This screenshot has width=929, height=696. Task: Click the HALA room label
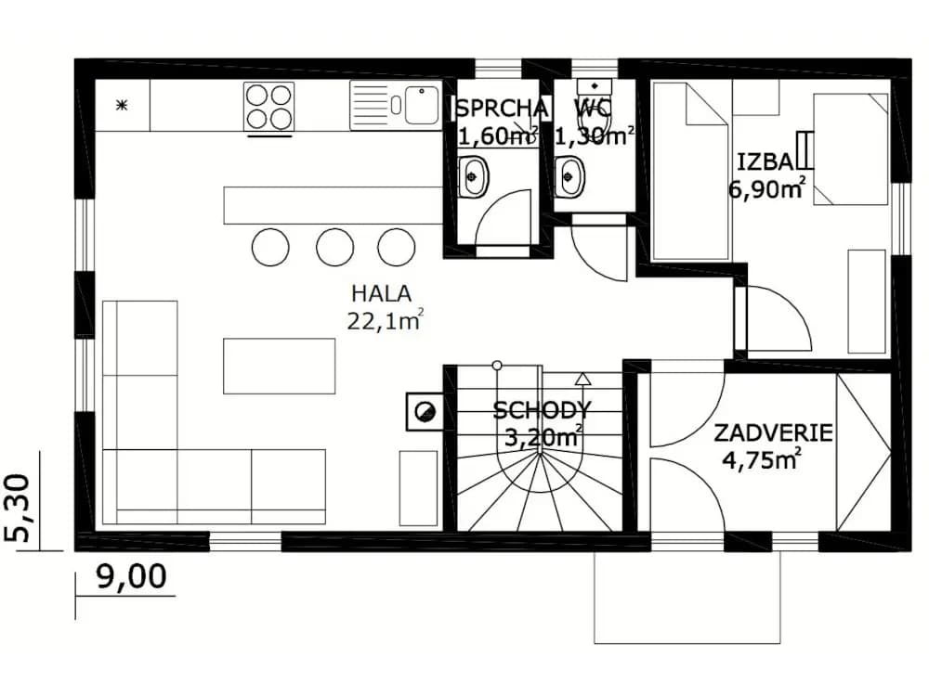pos(381,293)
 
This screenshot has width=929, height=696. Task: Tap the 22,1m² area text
pos(386,320)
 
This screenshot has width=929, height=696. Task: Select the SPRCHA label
pos(502,109)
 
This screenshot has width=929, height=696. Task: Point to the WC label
pos(593,109)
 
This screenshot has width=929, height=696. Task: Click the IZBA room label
pos(765,161)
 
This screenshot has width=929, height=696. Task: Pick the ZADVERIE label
pos(773,433)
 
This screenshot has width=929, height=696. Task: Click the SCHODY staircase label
pos(542,410)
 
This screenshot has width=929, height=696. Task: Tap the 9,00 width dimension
pos(131,576)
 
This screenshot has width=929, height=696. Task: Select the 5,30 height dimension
pos(18,508)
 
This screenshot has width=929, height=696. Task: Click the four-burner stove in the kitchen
pos(269,107)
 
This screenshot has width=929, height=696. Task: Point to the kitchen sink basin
pos(422,106)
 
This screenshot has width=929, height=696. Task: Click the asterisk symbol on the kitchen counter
pos(122,106)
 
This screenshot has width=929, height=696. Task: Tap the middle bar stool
pos(334,248)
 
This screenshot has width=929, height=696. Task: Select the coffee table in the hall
pos(279,366)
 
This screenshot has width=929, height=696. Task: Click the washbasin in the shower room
pos(473,176)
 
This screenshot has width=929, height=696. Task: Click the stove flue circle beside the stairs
pos(425,412)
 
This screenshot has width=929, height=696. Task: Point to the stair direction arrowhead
pos(583,379)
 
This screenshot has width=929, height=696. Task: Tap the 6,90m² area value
pos(766,188)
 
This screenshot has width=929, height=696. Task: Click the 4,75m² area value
pos(762,458)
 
